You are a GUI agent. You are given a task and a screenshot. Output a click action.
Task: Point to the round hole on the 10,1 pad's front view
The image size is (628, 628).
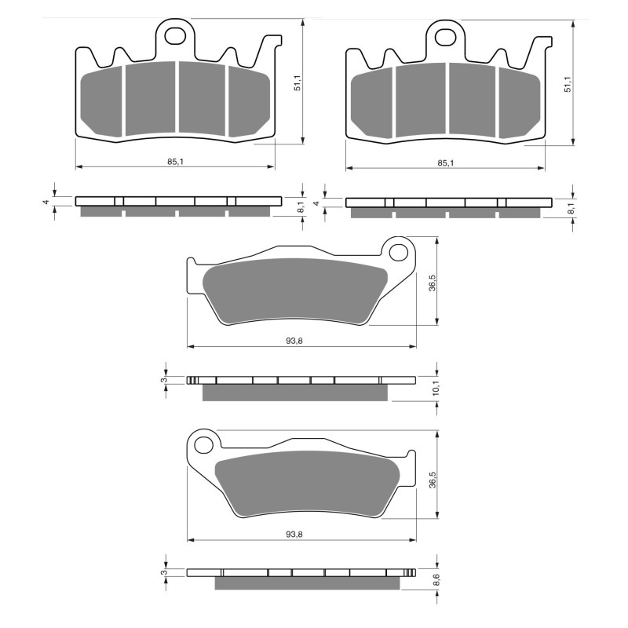pyautogui.click(x=400, y=252)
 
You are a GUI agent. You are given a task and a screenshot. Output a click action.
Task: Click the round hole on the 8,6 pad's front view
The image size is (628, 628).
pyautogui.click(x=203, y=445)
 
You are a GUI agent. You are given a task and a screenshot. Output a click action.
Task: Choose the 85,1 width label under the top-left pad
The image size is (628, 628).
pyautogui.click(x=175, y=162)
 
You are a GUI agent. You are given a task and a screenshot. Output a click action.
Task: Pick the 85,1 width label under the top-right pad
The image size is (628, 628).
pyautogui.click(x=444, y=162)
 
